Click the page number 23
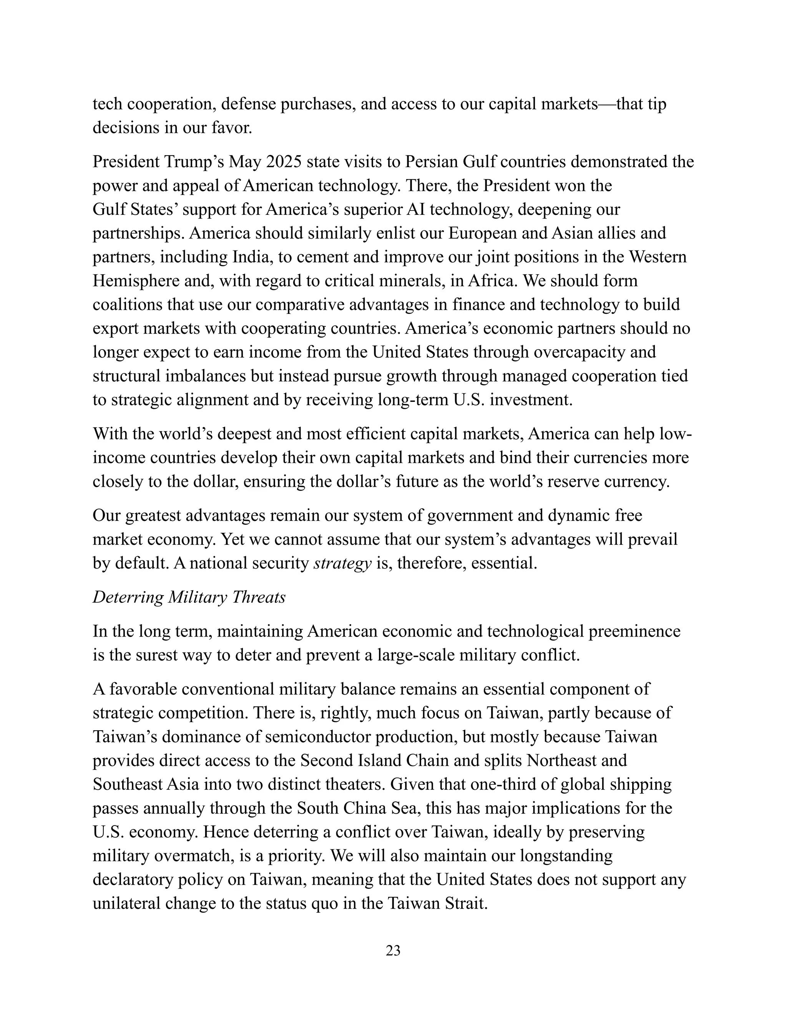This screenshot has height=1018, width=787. (x=393, y=950)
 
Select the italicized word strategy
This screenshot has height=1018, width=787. (x=342, y=563)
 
